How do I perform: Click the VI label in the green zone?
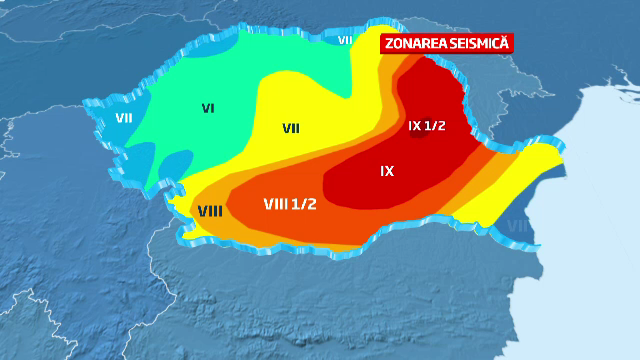click(209, 108)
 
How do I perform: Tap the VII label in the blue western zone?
click(124, 117)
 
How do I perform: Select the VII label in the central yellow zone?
click(291, 128)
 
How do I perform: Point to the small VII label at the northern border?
click(345, 40)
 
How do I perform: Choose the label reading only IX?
click(387, 171)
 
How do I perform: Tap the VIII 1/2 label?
click(290, 203)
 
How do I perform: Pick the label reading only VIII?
click(210, 210)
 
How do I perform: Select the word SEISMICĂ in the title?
click(479, 44)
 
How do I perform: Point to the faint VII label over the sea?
click(517, 226)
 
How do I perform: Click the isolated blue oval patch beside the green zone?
click(171, 159)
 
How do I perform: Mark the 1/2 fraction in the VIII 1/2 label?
click(306, 203)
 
